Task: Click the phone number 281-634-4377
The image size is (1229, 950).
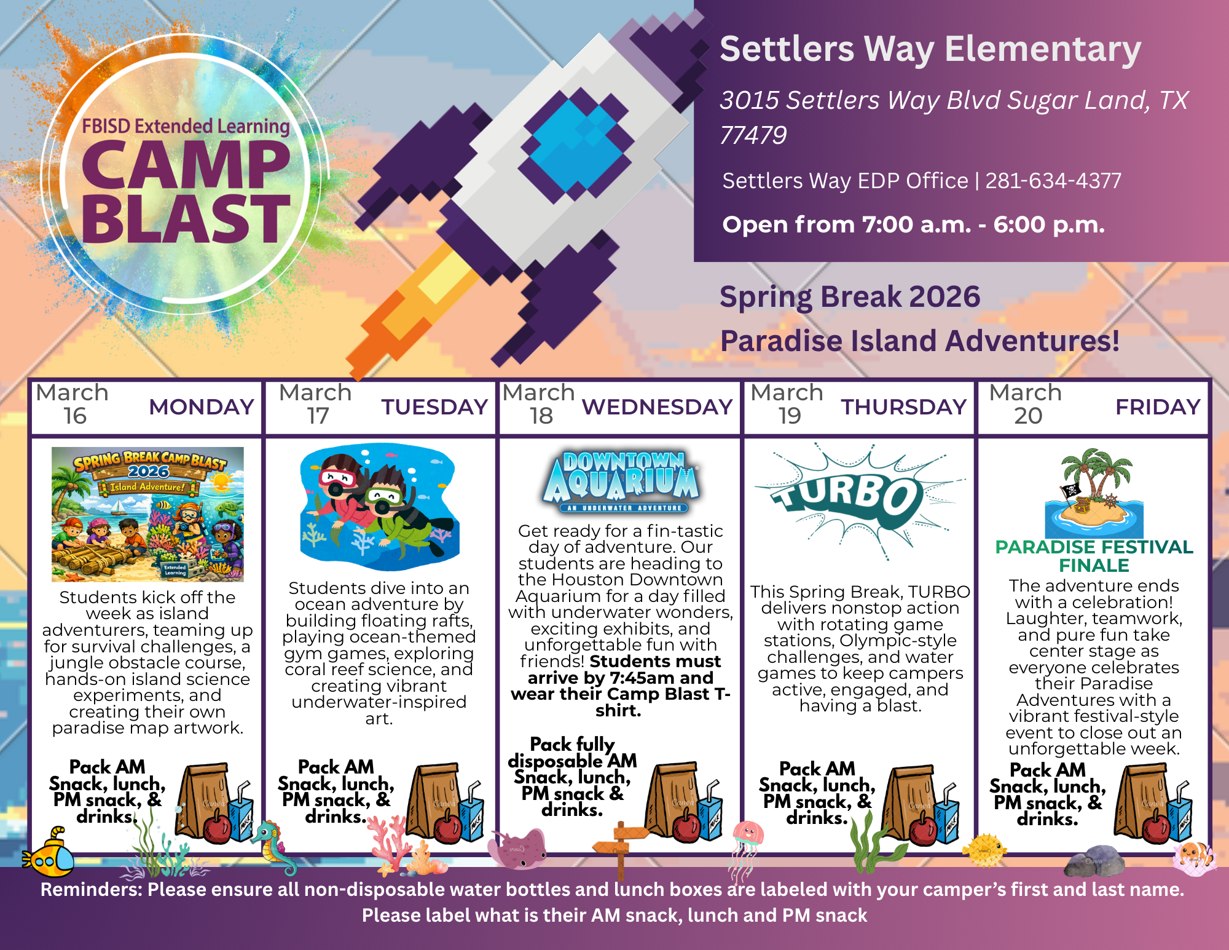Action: (1053, 181)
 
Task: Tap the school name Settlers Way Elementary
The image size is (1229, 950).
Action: (930, 49)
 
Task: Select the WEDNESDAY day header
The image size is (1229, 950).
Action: (657, 407)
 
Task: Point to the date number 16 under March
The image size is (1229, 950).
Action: (75, 416)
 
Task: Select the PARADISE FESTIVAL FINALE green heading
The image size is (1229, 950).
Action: (1094, 556)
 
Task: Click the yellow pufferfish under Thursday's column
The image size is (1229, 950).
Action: (984, 850)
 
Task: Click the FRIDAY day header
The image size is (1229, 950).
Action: (1158, 407)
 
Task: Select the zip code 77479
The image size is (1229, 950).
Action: (753, 135)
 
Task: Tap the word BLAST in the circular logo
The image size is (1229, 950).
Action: (186, 219)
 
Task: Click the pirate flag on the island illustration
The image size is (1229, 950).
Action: (1070, 491)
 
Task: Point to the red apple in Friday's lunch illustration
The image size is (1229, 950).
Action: (1155, 827)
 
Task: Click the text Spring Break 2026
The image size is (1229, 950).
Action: (850, 297)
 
